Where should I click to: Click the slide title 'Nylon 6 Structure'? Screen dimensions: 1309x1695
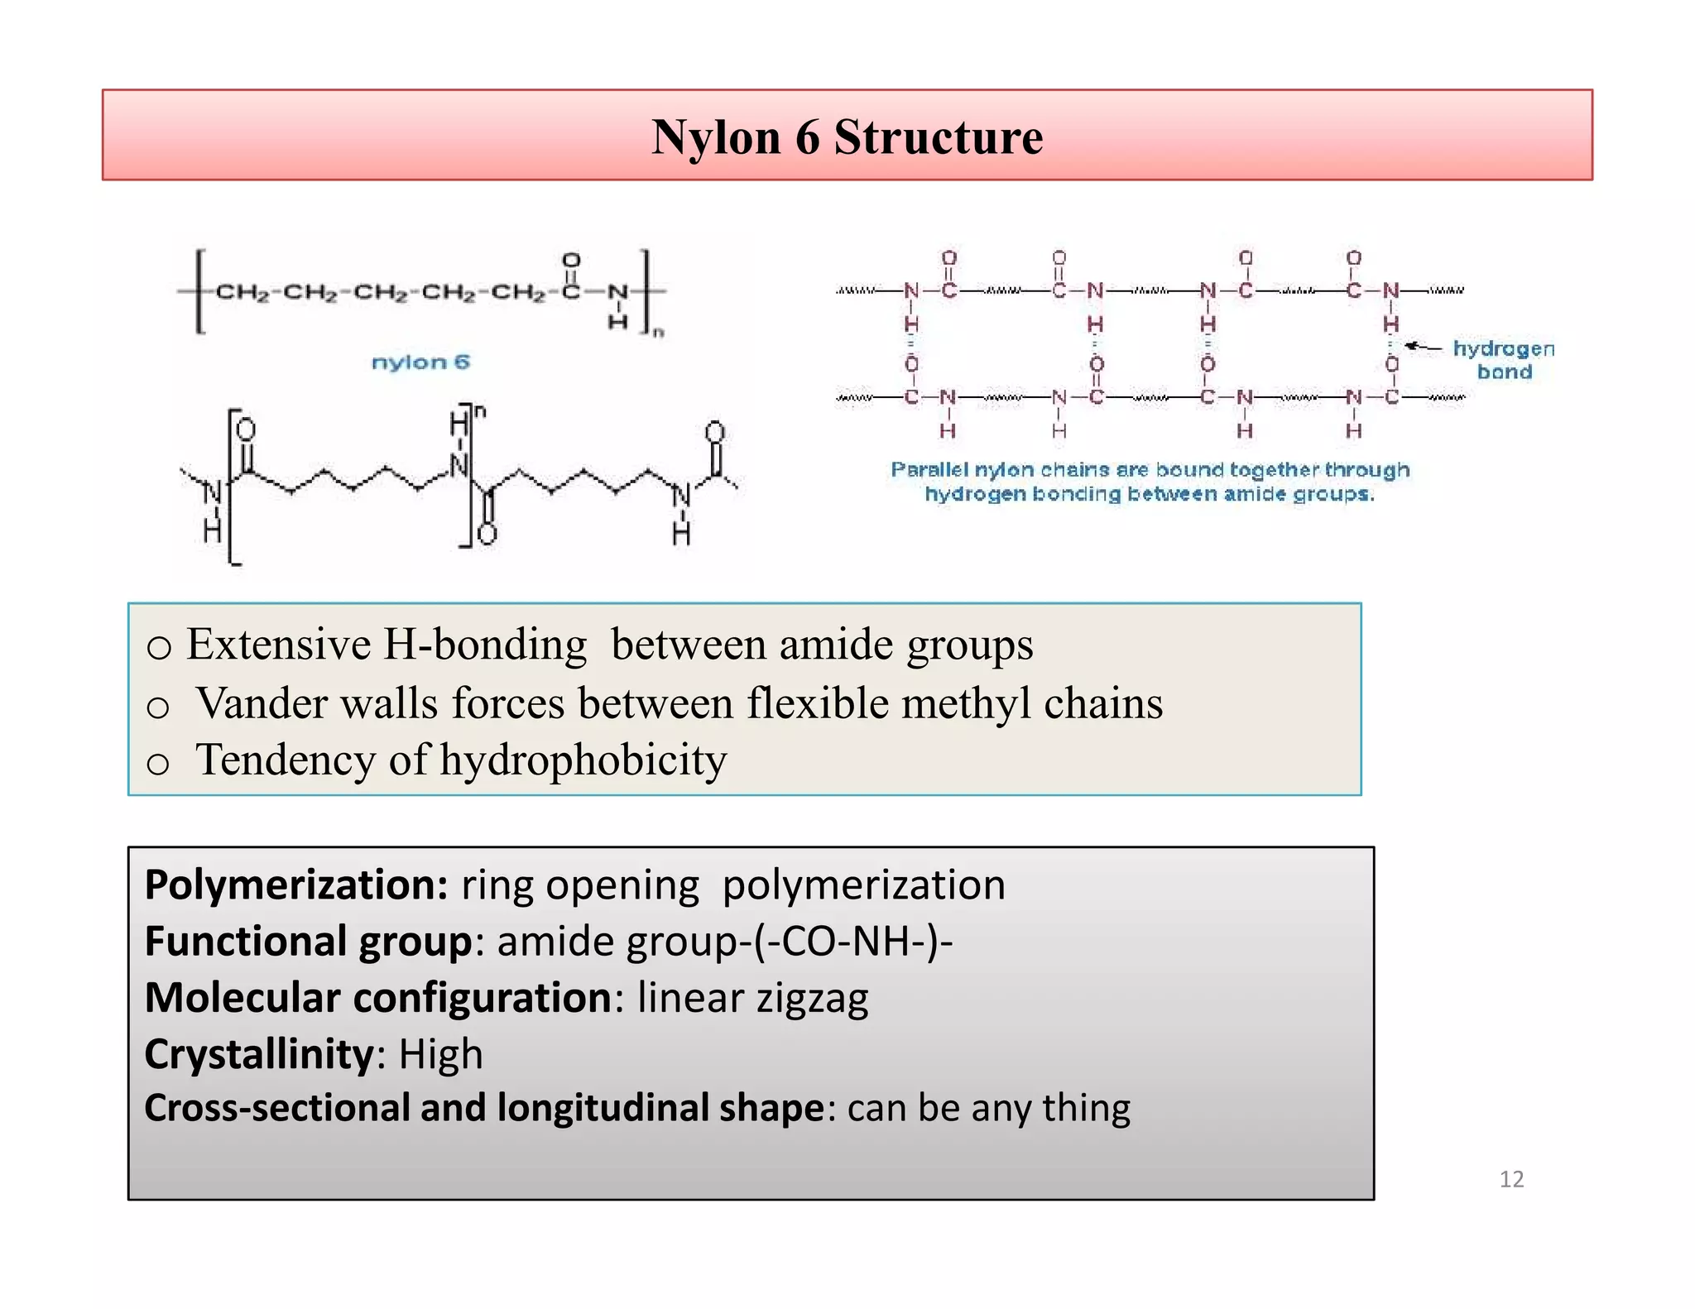point(847,137)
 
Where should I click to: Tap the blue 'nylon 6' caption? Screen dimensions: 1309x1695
point(420,362)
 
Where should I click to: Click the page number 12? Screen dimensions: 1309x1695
point(1511,1179)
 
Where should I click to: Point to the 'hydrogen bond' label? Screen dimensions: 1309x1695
point(1504,360)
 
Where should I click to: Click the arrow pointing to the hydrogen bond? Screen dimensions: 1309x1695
point(1424,347)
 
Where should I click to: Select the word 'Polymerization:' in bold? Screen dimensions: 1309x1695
point(296,885)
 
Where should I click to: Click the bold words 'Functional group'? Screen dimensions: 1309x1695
point(308,942)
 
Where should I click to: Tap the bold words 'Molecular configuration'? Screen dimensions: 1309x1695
point(377,998)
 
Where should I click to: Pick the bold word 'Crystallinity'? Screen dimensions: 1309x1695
point(259,1054)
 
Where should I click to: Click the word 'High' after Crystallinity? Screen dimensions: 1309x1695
point(440,1054)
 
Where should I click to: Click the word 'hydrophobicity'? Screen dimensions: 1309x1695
point(583,760)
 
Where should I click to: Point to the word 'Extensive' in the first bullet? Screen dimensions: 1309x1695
point(278,645)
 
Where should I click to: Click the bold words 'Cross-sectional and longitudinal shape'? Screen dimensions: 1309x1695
point(484,1108)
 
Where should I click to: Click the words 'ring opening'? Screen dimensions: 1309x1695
point(579,885)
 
